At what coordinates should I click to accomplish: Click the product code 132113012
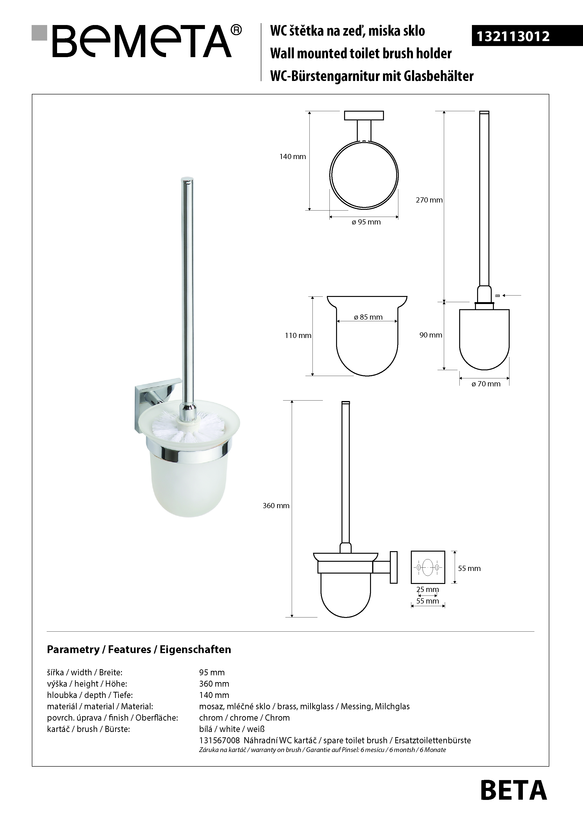(513, 36)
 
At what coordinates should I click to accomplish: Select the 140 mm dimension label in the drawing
(293, 156)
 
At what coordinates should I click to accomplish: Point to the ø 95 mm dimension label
(366, 222)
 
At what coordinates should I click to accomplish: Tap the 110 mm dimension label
(298, 335)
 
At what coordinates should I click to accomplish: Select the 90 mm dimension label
(431, 335)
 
